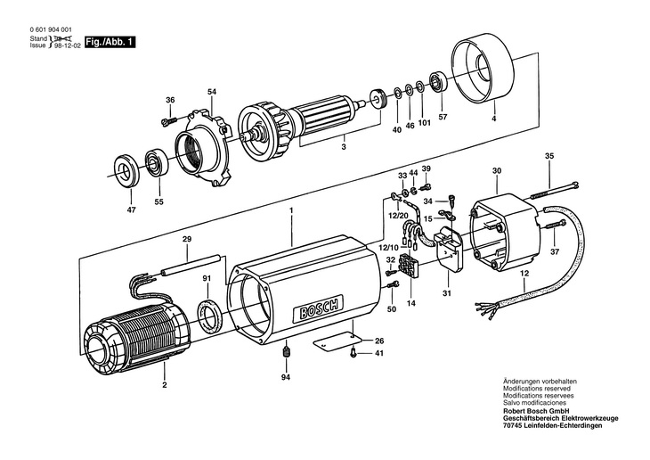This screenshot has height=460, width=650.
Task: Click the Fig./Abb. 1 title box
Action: [110, 43]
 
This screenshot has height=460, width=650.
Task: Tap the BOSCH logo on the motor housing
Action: [319, 308]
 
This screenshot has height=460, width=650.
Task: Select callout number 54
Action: [212, 92]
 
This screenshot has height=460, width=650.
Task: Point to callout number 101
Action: [425, 123]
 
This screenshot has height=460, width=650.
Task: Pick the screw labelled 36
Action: [168, 121]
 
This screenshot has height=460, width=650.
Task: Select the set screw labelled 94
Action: [286, 352]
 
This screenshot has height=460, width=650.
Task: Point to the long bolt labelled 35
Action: [554, 189]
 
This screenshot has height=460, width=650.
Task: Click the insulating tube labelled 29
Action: [191, 265]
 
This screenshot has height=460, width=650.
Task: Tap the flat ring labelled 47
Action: [127, 170]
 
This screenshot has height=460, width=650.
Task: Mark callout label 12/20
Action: [398, 216]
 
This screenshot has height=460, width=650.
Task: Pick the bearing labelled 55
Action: [156, 163]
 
